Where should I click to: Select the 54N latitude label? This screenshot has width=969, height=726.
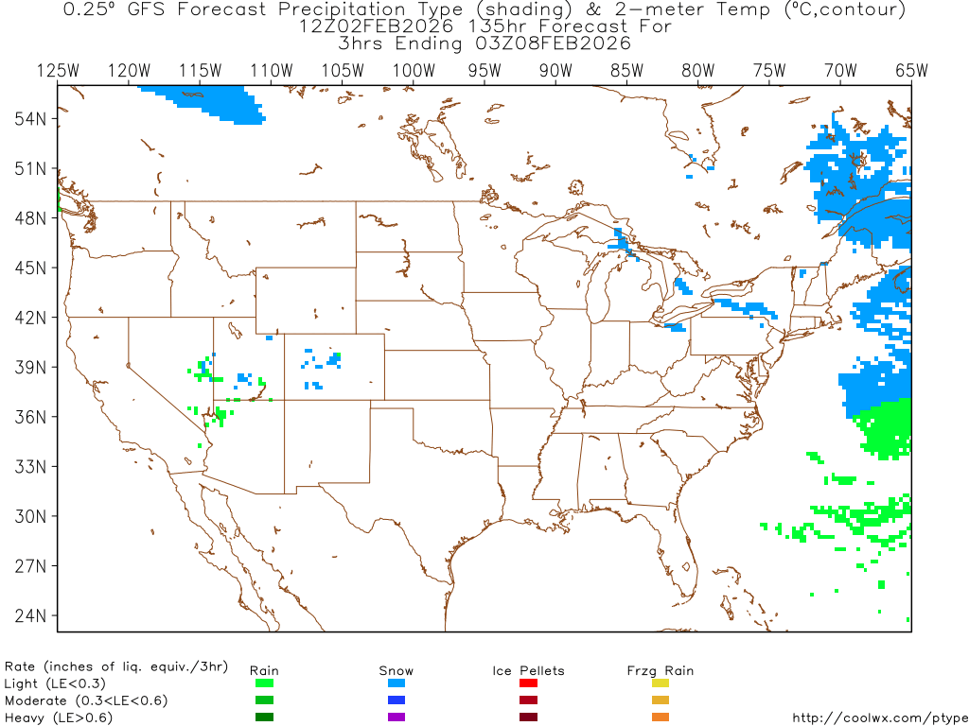coord(31,118)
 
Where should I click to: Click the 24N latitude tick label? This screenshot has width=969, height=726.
coord(31,615)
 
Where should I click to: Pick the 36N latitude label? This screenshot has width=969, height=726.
coord(31,417)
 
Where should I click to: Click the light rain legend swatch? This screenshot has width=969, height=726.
coord(264,683)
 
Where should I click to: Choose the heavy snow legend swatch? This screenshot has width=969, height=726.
coord(396,717)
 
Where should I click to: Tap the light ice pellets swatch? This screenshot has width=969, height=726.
coord(529,683)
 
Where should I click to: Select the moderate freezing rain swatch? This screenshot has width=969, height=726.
coord(661,700)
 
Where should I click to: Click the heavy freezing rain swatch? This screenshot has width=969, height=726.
coord(661,717)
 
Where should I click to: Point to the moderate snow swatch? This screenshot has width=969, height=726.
coord(396,700)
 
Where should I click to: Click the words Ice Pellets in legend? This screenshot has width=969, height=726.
coord(528,670)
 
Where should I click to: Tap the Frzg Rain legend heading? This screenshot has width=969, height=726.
coord(661,670)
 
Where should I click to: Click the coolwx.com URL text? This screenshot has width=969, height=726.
coord(879,717)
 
